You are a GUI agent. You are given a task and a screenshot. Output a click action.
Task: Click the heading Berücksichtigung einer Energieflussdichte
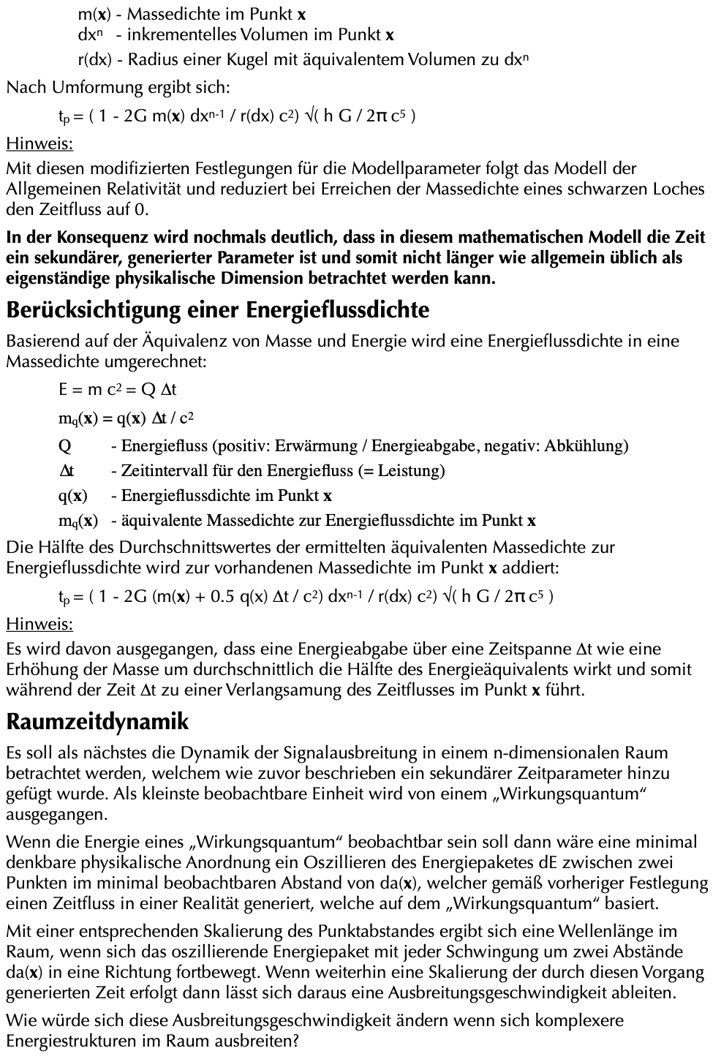(218, 310)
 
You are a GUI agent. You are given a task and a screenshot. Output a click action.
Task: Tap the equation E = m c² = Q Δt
(118, 390)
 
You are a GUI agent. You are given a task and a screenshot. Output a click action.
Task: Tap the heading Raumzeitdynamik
(97, 722)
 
